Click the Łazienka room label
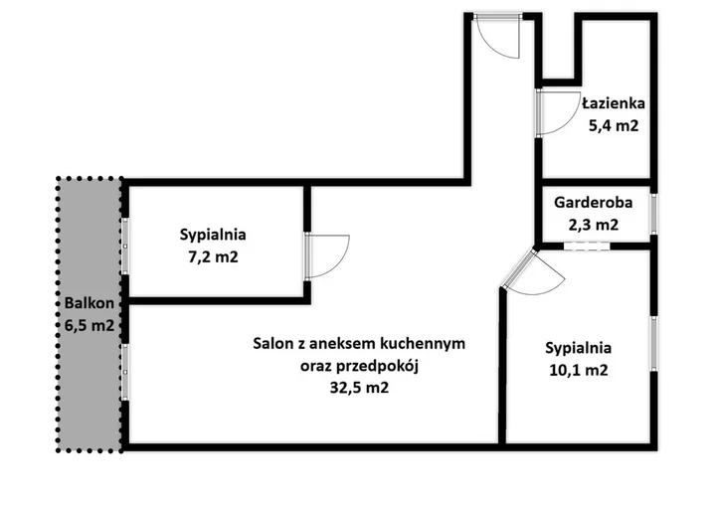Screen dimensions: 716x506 614,103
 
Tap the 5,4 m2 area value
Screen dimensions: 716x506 614,125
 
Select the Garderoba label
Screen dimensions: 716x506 593,203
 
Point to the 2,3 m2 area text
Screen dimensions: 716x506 593,225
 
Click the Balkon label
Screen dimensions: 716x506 89,303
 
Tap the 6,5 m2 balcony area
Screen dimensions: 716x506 89,326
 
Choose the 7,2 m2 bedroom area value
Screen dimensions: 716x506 213,257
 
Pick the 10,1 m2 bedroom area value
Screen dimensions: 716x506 579,370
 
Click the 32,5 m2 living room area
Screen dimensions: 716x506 359,388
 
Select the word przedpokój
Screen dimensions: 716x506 386,366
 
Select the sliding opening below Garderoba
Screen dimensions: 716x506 587,247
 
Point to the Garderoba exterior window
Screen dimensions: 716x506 654,214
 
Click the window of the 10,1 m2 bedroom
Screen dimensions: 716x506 654,343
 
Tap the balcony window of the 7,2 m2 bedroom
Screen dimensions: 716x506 125,247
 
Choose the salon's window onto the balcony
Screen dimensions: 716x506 125,372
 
